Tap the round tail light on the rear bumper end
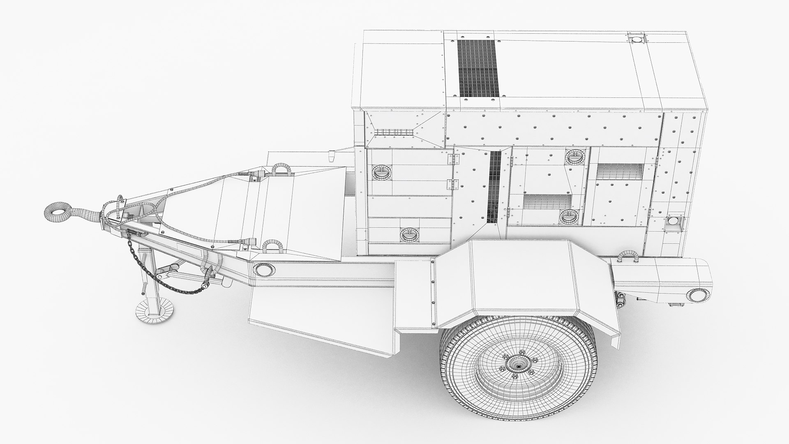[x=697, y=294]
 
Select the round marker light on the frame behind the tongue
[x=263, y=270]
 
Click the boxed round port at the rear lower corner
[x=673, y=221]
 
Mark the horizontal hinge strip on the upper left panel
[x=394, y=132]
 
